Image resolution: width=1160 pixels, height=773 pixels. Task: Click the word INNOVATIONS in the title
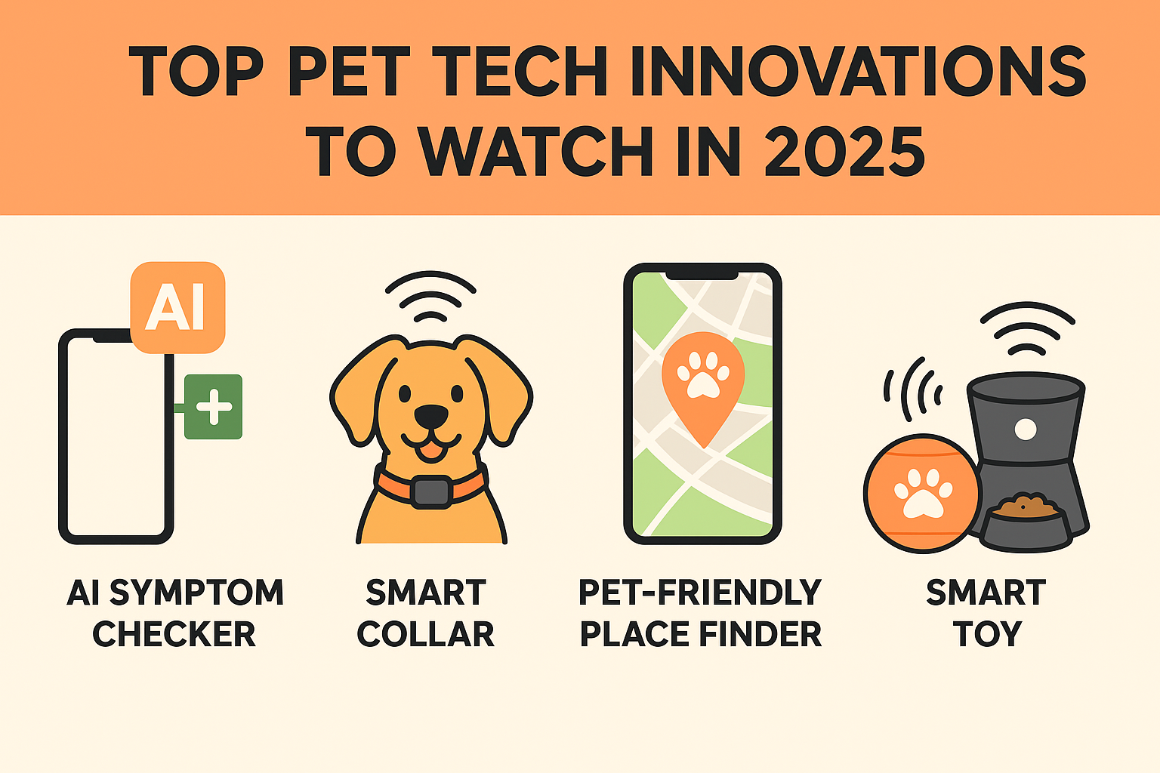(858, 71)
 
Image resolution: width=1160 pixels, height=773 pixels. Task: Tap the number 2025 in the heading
(844, 151)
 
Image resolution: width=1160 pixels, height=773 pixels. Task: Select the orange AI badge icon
(177, 307)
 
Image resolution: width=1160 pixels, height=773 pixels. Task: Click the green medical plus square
(214, 407)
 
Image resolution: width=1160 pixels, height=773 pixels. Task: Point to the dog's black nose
(431, 415)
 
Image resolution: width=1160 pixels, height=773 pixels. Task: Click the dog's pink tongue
(431, 451)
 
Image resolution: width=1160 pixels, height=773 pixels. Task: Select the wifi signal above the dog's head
(430, 296)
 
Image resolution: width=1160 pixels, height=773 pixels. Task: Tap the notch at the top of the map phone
(702, 275)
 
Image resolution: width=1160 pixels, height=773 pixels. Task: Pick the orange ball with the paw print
(922, 494)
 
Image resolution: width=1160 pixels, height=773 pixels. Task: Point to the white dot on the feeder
(1026, 430)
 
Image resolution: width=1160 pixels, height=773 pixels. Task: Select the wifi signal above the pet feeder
(1027, 328)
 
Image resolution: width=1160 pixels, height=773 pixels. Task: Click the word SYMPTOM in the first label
(197, 593)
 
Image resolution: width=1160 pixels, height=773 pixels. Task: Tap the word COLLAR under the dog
(426, 634)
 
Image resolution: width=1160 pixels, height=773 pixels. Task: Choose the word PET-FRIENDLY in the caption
(700, 593)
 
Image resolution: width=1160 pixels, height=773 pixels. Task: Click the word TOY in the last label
(987, 634)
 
